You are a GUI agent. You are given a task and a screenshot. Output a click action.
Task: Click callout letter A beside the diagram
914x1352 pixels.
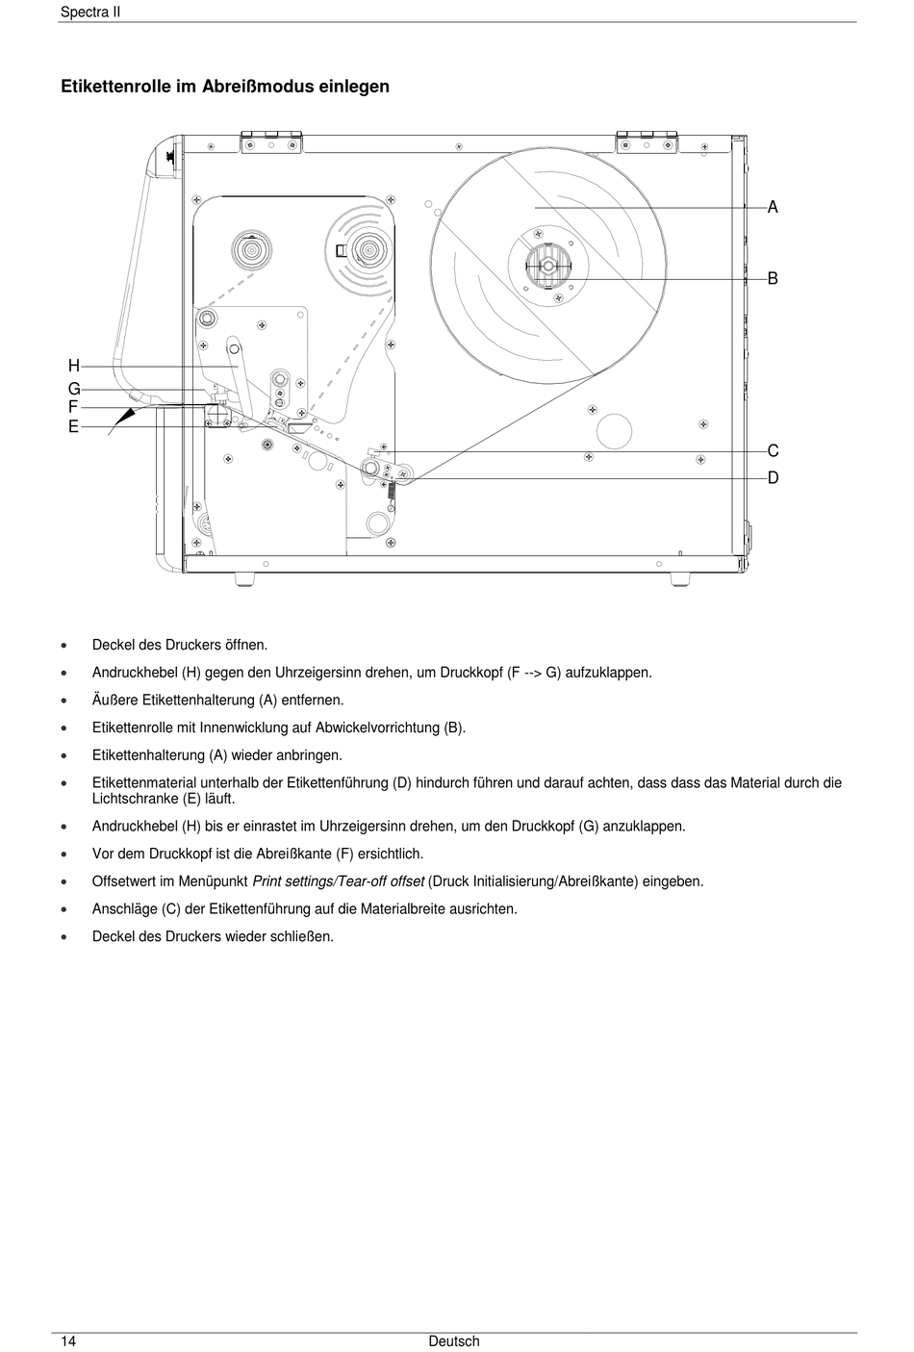pyautogui.click(x=773, y=207)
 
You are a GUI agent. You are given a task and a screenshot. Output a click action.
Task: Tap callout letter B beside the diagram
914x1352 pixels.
pyautogui.click(x=773, y=278)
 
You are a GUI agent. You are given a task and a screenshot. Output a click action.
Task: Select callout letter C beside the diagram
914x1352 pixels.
pyautogui.click(x=773, y=450)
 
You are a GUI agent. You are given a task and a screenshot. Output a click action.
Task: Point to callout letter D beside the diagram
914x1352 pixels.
pyautogui.click(x=773, y=477)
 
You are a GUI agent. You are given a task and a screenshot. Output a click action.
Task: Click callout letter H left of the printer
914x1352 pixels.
pyautogui.click(x=73, y=366)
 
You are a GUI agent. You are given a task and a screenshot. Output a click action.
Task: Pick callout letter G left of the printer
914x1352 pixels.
pyautogui.click(x=73, y=390)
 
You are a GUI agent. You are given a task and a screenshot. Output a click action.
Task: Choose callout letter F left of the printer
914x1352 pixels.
pyautogui.click(x=73, y=408)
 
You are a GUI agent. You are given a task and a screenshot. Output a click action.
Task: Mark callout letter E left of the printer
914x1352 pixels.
pyautogui.click(x=73, y=426)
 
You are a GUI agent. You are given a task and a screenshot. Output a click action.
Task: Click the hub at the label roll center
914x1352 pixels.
pyautogui.click(x=547, y=265)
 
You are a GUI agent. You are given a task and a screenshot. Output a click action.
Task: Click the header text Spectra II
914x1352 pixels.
pyautogui.click(x=89, y=13)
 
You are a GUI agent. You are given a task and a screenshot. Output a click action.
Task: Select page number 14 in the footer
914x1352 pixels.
pyautogui.click(x=68, y=1341)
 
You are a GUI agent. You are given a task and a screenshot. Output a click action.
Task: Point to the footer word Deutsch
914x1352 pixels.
pyautogui.click(x=454, y=1341)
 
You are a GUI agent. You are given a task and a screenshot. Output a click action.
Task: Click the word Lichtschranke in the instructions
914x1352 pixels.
pyautogui.click(x=136, y=799)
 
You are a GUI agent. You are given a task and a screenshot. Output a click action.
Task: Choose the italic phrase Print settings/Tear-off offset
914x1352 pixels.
pyautogui.click(x=339, y=881)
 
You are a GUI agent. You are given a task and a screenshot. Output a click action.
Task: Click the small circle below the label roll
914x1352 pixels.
pyautogui.click(x=614, y=430)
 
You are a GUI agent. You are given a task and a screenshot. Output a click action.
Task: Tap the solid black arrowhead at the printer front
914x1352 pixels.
pyautogui.click(x=126, y=415)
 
